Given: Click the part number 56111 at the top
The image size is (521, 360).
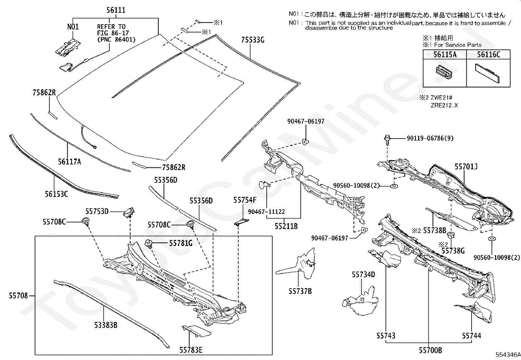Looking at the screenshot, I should [116, 10].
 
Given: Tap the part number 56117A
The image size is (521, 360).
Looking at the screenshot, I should [69, 161].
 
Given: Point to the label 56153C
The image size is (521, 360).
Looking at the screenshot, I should [56, 194].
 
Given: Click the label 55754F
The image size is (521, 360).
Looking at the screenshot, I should [245, 200].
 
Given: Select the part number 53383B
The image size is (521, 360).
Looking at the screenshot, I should [106, 325].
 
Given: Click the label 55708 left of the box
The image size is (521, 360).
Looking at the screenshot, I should [18, 296].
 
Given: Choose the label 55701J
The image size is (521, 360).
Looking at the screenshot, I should [466, 167].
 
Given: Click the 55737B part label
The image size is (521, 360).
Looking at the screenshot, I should [300, 291].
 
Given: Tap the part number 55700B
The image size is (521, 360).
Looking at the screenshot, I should [430, 350].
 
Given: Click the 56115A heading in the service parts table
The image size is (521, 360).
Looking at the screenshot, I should [445, 54].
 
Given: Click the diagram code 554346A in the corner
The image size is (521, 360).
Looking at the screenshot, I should [508, 354].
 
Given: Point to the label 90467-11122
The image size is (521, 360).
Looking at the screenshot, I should [266, 212].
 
